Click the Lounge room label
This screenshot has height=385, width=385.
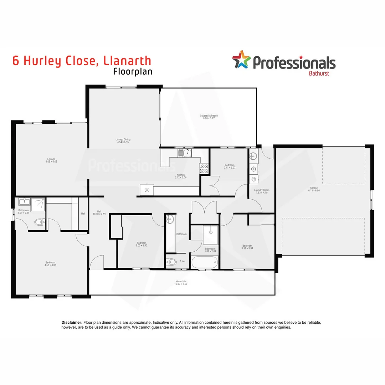tap(51, 160)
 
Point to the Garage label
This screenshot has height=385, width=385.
tap(314, 189)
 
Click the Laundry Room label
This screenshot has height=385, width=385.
tap(262, 191)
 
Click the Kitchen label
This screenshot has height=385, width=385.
tap(180, 176)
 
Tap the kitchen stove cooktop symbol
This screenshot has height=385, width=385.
tap(205, 168)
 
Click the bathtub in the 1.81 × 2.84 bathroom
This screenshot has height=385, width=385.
tap(204, 263)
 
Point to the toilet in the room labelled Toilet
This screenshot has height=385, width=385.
tap(172, 262)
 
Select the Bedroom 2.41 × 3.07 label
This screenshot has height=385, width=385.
tap(230, 166)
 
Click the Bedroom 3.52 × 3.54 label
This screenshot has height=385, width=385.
tap(247, 247)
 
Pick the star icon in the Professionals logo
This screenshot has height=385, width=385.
tap(242, 60)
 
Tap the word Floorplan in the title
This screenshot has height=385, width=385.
tap(133, 71)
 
